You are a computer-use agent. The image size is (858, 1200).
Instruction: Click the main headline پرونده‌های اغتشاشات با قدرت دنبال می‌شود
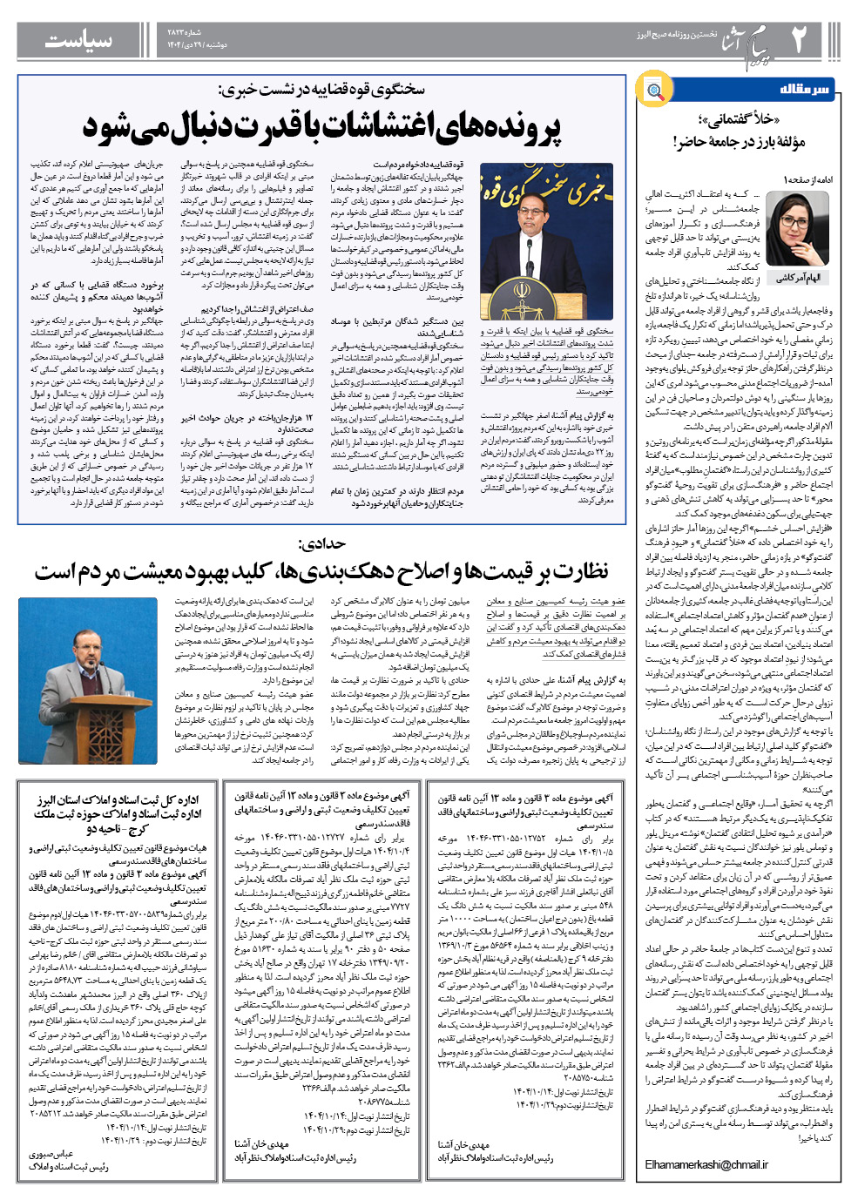(x=322, y=127)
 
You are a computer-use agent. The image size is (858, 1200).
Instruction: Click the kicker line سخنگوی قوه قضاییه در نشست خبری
(x=322, y=90)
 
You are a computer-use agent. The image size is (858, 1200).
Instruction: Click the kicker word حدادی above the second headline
(x=321, y=544)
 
